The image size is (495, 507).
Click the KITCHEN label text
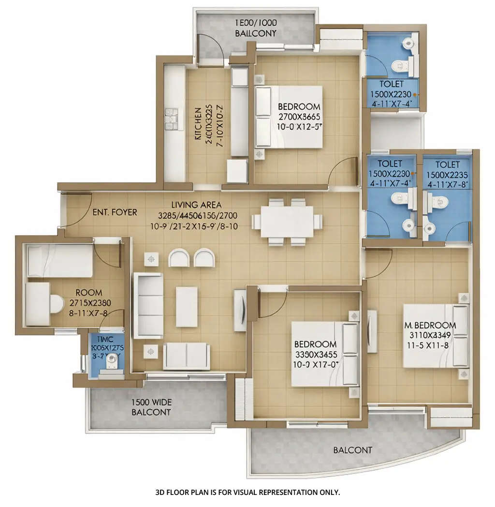click(x=197, y=124)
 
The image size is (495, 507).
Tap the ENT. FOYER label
click(x=115, y=212)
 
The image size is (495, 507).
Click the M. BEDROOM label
click(x=430, y=325)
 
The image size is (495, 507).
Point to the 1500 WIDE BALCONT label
click(x=151, y=407)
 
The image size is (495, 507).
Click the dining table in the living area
click(x=286, y=222)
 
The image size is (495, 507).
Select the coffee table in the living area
click(x=186, y=307)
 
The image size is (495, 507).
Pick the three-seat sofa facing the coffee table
click(x=147, y=305)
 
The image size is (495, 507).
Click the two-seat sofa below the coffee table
click(x=186, y=356)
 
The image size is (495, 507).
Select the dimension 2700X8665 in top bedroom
click(x=299, y=117)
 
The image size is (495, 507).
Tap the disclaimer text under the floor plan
click(x=247, y=492)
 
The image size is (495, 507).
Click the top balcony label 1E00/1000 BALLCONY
click(x=256, y=29)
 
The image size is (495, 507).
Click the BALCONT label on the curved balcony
click(x=352, y=450)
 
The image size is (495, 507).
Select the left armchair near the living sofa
click(x=178, y=258)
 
